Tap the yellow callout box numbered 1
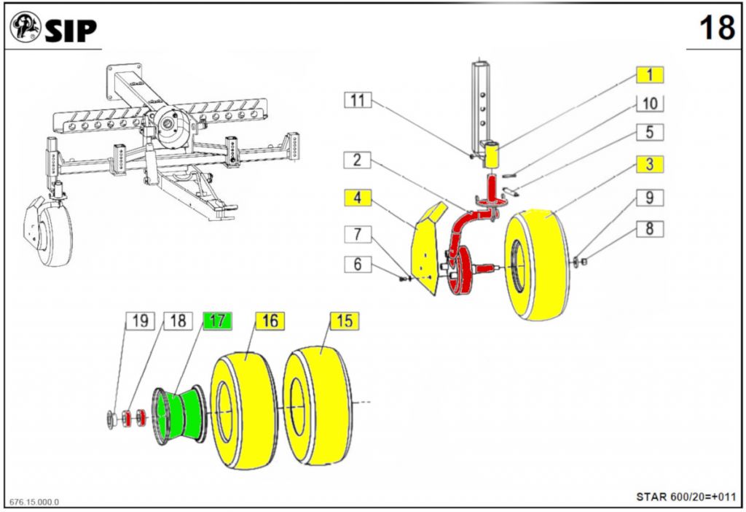coord(651,74)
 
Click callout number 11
coord(358,100)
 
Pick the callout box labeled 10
coord(650,103)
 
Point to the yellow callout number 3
coord(650,164)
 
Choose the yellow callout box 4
coord(358,197)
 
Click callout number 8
coord(650,228)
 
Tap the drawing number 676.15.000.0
coord(35,502)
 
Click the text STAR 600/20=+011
coord(686,497)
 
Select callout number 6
coord(358,264)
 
